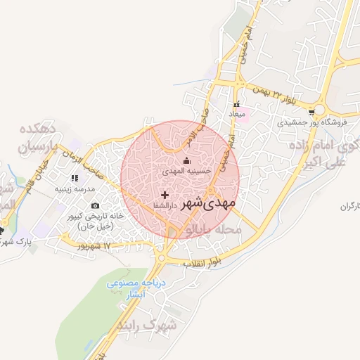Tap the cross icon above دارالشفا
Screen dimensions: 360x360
(165, 194)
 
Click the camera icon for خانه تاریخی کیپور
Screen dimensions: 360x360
(96, 205)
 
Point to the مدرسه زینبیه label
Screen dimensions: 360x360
(72, 189)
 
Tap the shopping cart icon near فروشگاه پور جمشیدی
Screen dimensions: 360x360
(311, 110)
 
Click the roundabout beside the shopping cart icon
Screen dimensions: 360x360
(321, 110)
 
